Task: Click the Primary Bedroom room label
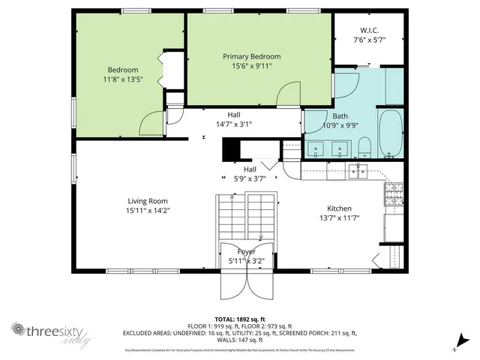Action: coord(251,56)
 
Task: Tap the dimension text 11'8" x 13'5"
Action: coord(121,79)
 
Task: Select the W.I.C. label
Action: coord(369,31)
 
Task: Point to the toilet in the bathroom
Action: coord(364,145)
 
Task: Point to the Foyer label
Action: coord(246,251)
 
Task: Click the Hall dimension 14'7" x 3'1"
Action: coord(234,124)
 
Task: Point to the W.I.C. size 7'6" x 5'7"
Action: coord(369,40)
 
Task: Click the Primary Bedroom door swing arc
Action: coord(289,96)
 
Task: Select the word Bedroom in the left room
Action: coord(121,70)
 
